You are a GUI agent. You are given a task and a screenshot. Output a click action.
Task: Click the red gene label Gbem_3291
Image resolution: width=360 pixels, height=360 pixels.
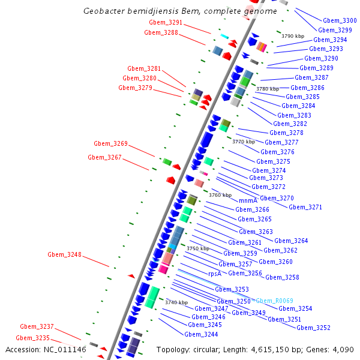click(166, 22)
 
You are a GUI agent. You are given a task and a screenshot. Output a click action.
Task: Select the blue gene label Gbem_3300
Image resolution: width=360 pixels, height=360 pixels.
click(340, 20)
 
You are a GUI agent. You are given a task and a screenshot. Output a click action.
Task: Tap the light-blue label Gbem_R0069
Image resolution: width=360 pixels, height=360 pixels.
click(274, 300)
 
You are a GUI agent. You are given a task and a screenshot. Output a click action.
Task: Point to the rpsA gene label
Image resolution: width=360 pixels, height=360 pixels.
click(215, 274)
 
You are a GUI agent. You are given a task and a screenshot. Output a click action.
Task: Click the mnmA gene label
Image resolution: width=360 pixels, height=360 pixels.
click(248, 200)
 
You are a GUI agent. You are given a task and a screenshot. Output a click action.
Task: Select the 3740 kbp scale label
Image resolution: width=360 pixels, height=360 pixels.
click(176, 302)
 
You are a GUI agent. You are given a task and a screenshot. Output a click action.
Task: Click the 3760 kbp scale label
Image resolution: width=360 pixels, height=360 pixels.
click(220, 195)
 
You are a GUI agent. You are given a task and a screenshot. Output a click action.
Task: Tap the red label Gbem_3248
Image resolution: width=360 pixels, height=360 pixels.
click(64, 254)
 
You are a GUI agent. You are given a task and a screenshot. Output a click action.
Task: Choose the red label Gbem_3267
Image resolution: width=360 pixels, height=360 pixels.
click(104, 157)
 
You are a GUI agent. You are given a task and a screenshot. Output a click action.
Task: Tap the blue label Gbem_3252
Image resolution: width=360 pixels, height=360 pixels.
click(313, 328)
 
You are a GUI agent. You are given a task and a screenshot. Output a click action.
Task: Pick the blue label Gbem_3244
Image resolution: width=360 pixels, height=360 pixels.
click(201, 334)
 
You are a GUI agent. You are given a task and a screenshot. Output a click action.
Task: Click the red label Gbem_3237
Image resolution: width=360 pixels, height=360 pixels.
click(37, 326)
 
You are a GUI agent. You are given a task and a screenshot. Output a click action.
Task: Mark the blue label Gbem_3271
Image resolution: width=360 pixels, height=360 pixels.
click(305, 207)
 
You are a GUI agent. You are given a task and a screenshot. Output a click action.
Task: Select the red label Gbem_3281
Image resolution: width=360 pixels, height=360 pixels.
click(144, 68)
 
